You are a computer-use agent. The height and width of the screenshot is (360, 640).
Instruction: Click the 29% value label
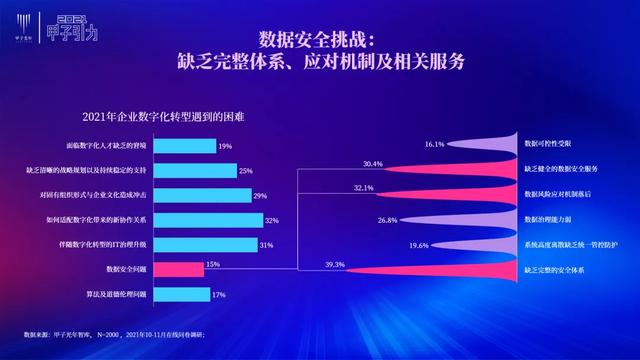[x=259, y=195]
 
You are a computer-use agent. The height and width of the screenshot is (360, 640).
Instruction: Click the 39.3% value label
[x=335, y=264]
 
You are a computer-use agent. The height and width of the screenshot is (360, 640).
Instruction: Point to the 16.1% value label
[x=434, y=144]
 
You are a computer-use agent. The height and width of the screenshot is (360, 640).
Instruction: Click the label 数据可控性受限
[x=548, y=144]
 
